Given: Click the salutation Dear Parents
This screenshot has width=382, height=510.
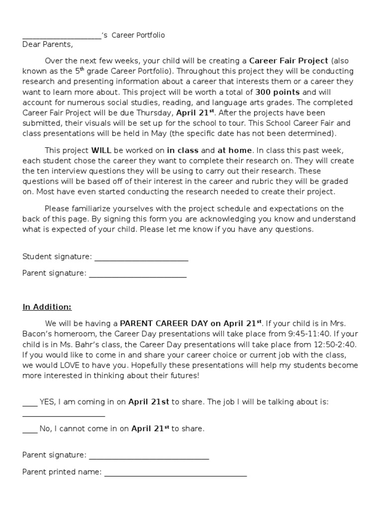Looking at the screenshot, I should (x=47, y=44).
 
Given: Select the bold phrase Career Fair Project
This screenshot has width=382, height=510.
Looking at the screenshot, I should (x=288, y=61).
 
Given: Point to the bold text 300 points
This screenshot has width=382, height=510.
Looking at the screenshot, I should (x=278, y=93).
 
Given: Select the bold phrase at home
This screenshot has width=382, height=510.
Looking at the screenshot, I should (x=235, y=150).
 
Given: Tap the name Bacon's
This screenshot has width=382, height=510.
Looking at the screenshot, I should (x=38, y=333).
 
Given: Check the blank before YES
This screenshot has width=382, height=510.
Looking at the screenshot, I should (x=30, y=404).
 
